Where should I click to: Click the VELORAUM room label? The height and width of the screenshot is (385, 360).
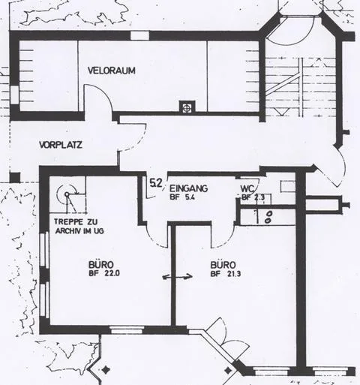112,71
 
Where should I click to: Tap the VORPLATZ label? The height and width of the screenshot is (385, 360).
61,145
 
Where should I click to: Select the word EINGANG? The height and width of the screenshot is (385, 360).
188,188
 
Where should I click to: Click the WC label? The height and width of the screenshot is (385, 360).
247,188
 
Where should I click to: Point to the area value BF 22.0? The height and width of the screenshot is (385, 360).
104,273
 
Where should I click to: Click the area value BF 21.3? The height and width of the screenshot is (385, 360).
226,274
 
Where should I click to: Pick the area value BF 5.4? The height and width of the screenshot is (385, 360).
182,197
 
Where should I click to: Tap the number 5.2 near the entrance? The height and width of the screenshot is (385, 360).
156,183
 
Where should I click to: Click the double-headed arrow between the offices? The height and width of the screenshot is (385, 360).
178,277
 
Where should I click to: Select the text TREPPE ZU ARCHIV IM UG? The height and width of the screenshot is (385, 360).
79,226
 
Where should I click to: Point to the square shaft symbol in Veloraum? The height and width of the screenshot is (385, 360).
187,107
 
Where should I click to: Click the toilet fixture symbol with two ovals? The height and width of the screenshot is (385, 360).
268,217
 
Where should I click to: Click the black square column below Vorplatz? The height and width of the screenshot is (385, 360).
15,177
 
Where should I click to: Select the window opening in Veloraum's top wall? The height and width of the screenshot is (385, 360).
139,35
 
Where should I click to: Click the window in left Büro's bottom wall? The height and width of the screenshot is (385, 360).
127,330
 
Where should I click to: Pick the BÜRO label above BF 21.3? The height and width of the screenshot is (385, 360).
223,265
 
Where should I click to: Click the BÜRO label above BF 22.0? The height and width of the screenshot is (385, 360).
101,264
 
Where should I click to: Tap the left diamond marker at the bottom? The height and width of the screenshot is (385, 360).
106,369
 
